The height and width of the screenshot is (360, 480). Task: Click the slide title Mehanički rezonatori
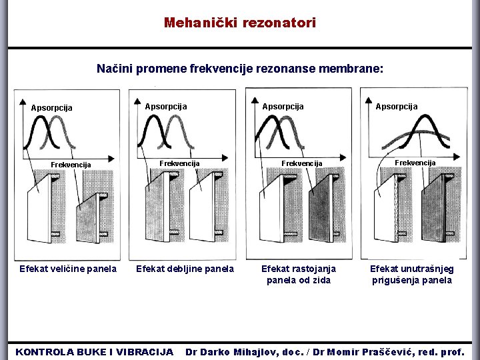(240, 23)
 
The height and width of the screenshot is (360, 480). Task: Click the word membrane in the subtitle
(357, 69)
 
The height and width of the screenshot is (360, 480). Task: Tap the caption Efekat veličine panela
(68, 269)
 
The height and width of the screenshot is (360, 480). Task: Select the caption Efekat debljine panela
(185, 269)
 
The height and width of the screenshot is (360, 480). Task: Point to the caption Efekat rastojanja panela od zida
(299, 274)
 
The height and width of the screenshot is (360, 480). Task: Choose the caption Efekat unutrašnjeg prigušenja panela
(411, 274)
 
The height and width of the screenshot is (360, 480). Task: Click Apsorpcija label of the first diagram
(52, 107)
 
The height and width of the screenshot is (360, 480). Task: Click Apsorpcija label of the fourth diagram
(397, 106)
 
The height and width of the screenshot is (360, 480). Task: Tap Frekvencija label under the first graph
(71, 165)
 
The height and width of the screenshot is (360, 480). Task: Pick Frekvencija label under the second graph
(179, 163)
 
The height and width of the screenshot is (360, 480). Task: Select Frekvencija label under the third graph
(301, 163)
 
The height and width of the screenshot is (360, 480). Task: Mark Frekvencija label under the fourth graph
(415, 163)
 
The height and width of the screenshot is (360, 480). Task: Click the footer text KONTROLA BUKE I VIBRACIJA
(94, 351)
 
